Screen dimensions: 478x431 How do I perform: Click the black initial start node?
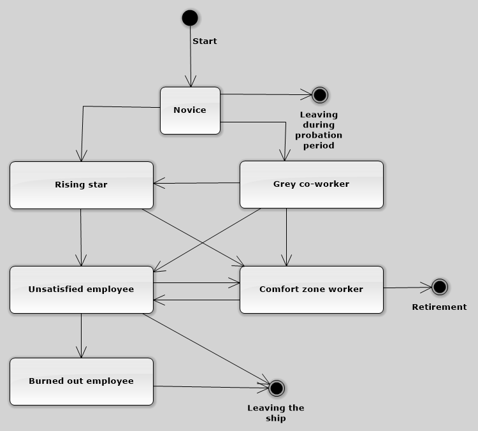(x=190, y=18)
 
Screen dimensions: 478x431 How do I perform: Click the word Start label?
(x=205, y=41)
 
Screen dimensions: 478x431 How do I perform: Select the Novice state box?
(x=190, y=110)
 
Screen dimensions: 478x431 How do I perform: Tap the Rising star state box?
(x=82, y=185)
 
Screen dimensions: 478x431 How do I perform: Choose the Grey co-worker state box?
(x=312, y=184)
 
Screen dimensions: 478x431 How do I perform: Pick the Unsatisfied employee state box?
(x=82, y=289)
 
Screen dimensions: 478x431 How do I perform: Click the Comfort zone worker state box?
(x=312, y=289)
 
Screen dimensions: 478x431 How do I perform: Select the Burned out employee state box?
(x=82, y=381)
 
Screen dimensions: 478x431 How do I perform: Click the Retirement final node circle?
(x=440, y=287)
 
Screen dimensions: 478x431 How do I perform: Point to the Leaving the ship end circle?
(x=277, y=388)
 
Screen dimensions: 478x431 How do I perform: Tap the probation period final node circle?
(x=320, y=95)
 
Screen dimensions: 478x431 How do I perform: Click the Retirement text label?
(x=439, y=307)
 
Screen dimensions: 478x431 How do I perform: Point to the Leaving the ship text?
(x=276, y=413)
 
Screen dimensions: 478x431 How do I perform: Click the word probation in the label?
(x=319, y=135)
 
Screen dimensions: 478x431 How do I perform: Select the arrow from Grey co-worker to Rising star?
(x=197, y=183)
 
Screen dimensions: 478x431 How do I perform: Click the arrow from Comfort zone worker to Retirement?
(x=408, y=288)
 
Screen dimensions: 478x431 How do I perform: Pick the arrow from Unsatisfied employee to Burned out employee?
(x=82, y=335)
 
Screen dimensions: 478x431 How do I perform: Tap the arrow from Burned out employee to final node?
(x=211, y=387)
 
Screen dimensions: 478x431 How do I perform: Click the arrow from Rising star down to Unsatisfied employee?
(x=81, y=237)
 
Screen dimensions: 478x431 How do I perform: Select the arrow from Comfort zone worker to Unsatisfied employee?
(x=197, y=300)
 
